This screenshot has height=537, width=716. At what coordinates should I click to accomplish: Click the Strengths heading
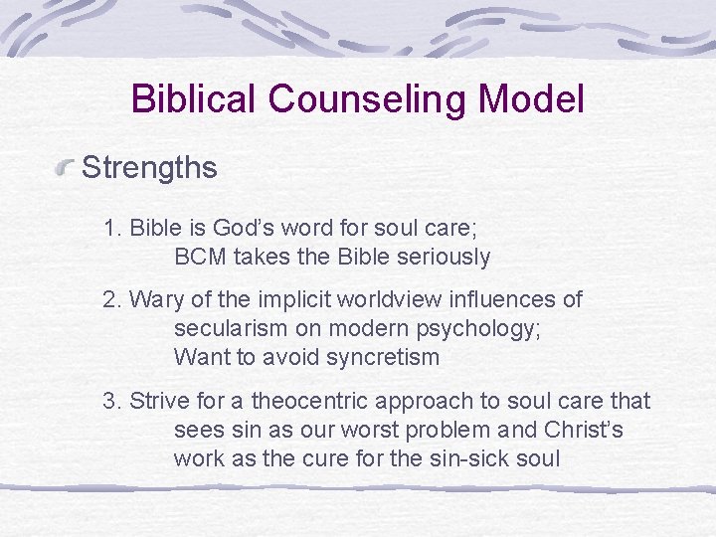[x=149, y=167]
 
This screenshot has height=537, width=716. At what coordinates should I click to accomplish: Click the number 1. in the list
[x=113, y=228]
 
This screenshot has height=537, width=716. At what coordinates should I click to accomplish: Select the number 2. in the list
[x=113, y=299]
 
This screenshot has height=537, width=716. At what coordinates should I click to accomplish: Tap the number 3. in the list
[x=113, y=401]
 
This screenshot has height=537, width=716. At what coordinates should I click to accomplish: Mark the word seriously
[x=446, y=257]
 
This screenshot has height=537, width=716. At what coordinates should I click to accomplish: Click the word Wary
[x=152, y=299]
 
